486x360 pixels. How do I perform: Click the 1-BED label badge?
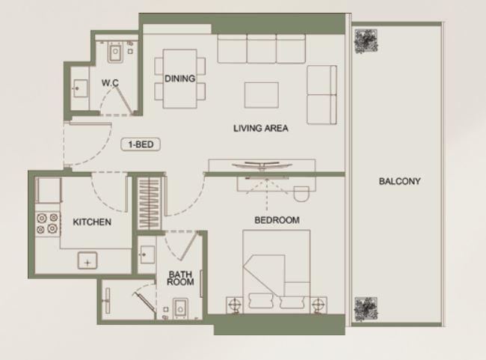(141, 144)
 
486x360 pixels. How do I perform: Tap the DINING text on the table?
(179, 79)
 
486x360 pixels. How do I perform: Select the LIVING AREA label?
(261, 128)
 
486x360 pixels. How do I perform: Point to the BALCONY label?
(399, 181)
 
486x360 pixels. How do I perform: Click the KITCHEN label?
(92, 222)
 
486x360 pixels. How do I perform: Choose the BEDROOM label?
(277, 220)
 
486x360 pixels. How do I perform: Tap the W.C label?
(110, 83)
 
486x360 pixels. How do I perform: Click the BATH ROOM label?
(180, 278)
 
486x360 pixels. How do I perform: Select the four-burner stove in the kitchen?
(47, 223)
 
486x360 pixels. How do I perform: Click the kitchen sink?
(87, 260)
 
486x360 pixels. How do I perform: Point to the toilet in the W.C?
(115, 52)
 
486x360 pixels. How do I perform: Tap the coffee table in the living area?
(261, 95)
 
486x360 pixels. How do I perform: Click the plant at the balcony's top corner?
(366, 41)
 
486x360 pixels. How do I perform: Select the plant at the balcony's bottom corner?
(366, 309)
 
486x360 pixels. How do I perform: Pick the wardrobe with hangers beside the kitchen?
(149, 204)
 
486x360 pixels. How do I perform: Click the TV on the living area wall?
(262, 165)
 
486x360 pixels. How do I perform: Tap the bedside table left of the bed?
(235, 305)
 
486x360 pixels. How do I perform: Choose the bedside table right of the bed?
(319, 305)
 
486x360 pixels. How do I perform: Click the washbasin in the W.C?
(80, 88)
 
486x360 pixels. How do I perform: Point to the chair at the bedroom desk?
(301, 194)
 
